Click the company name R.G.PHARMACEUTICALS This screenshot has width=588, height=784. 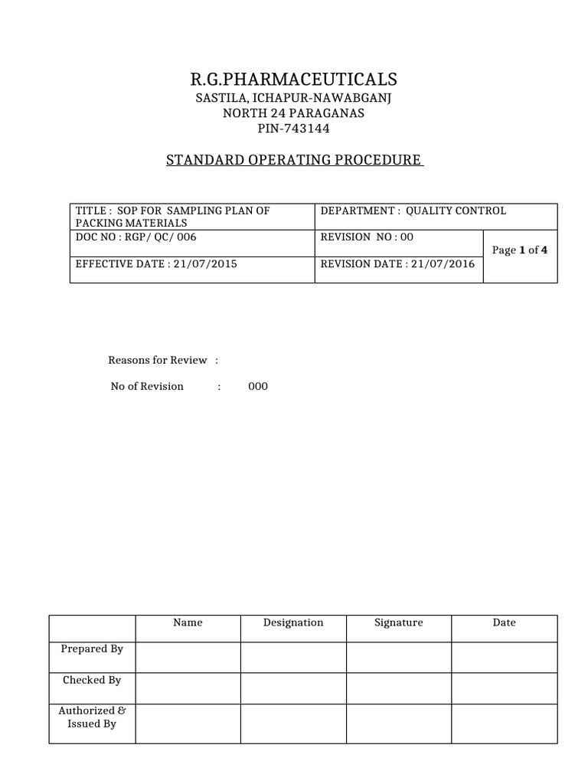click(x=294, y=80)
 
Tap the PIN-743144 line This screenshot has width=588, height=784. click(x=294, y=128)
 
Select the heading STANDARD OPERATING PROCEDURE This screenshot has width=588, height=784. click(x=294, y=160)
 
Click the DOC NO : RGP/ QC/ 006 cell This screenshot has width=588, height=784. click(x=136, y=237)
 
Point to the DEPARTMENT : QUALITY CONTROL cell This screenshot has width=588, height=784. click(x=413, y=211)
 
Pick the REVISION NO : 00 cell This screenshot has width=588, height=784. click(x=367, y=237)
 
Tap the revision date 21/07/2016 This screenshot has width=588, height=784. click(x=447, y=264)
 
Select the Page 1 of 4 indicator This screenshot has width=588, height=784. click(x=520, y=250)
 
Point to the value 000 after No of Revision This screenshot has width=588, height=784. click(x=258, y=387)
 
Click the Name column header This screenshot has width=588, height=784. click(x=188, y=623)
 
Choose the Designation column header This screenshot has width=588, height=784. click(x=293, y=623)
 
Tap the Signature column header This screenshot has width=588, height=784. click(x=398, y=623)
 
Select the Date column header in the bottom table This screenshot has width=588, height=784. click(x=504, y=623)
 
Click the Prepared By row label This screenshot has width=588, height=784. click(x=92, y=649)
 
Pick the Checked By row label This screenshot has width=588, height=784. click(x=92, y=680)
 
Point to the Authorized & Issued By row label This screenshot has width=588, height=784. click(x=91, y=717)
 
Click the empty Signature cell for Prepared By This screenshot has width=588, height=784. click(x=398, y=657)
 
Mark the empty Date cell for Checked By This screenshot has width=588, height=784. click(x=504, y=688)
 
